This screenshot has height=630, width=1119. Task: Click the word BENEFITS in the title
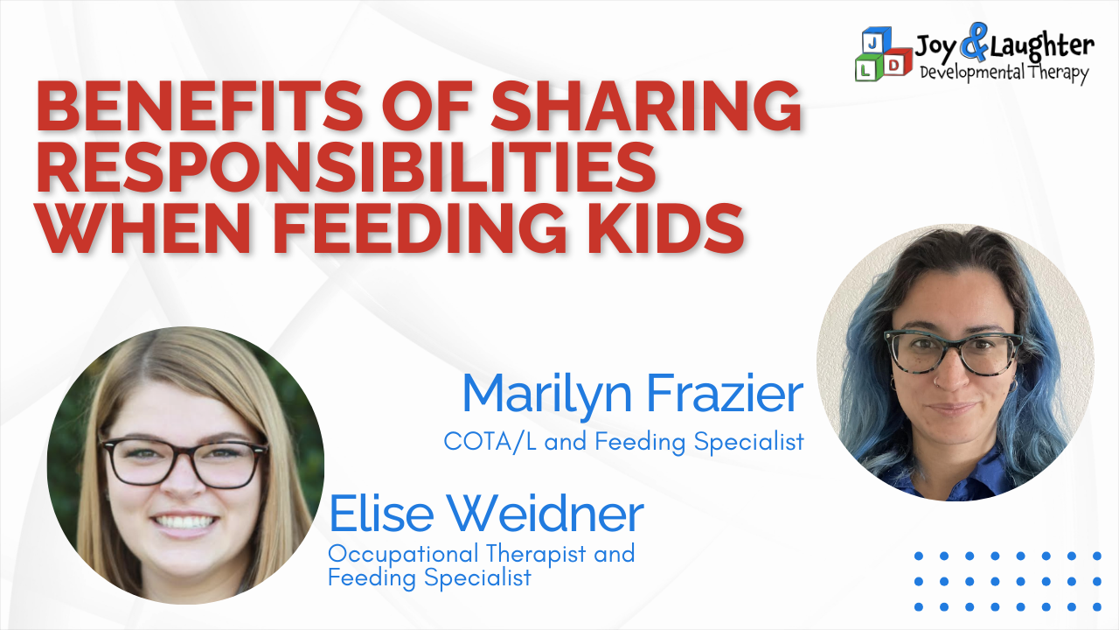198,106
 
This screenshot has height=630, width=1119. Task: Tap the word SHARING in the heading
646,106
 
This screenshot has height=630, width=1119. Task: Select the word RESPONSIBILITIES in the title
345,167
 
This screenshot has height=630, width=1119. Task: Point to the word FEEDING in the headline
419,228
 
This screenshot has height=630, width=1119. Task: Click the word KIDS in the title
666,228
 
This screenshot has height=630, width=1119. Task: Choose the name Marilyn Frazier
633,395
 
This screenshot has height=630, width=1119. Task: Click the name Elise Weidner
486,514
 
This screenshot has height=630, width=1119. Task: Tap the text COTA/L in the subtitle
490,442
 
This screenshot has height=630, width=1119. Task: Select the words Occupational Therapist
457,554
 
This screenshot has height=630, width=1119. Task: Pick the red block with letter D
897,63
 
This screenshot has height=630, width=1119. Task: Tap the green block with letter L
868,67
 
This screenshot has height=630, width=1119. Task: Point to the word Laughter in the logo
1042,46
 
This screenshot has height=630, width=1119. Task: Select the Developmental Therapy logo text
1004,73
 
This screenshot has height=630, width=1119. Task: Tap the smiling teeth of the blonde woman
184,522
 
